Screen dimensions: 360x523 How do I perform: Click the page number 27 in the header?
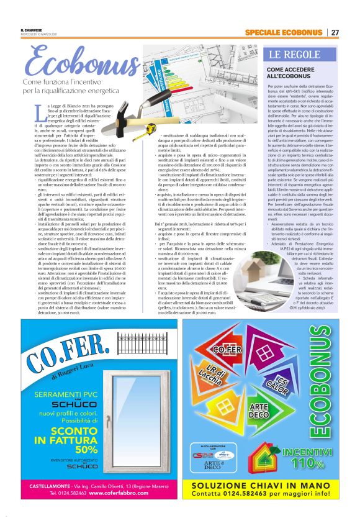click(x=335, y=32)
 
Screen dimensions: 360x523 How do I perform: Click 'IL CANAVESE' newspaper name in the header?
click(x=30, y=29)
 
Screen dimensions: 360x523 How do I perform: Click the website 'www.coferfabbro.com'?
click(x=122, y=493)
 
